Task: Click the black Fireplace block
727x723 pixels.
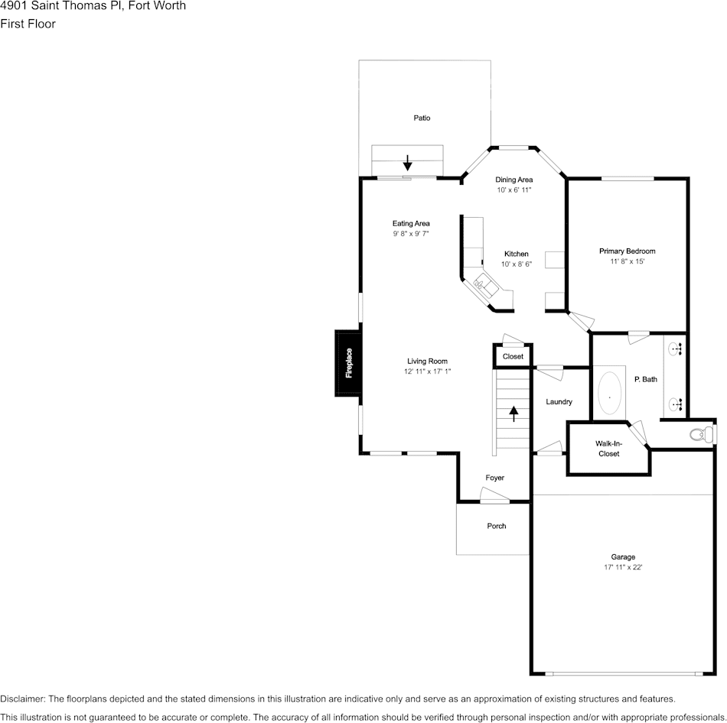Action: (347, 363)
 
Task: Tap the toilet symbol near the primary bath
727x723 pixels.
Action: (698, 435)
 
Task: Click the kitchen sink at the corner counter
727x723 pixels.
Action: (484, 286)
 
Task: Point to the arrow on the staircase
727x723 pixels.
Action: (513, 413)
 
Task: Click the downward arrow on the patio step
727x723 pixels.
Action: (408, 162)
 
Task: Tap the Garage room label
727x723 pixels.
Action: (623, 557)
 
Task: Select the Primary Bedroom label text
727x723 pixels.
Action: (627, 251)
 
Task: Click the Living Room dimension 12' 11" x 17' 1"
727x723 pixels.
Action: (427, 371)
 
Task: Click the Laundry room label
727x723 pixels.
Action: (559, 402)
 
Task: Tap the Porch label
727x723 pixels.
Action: (497, 526)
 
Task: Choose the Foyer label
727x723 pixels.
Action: (495, 478)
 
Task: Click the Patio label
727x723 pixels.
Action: (422, 118)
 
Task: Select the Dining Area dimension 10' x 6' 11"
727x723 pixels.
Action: (513, 190)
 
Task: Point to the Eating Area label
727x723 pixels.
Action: (411, 223)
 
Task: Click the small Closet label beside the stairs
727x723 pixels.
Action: (513, 357)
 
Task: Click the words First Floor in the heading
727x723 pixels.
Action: (28, 24)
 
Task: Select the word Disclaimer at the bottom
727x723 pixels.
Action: (22, 699)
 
